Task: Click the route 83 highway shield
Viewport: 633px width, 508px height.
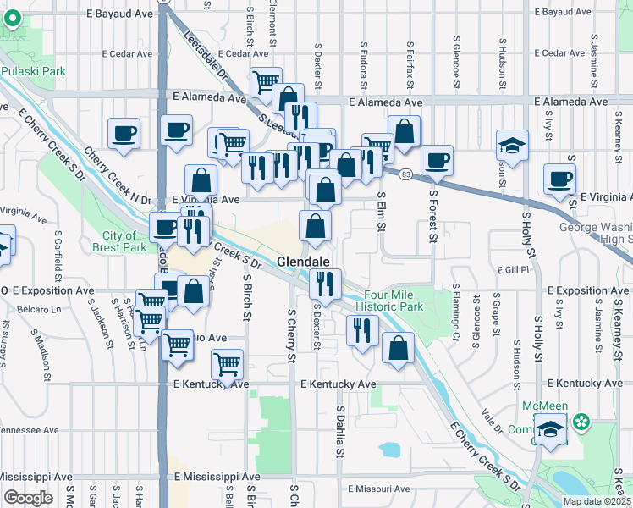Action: [407, 174]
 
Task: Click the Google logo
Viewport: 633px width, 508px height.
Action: [28, 498]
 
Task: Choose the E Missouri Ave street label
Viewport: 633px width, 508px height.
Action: [380, 489]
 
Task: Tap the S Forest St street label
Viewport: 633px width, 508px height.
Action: [432, 215]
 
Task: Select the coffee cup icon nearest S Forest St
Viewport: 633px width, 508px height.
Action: [437, 160]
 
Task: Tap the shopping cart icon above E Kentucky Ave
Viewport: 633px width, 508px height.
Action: [227, 365]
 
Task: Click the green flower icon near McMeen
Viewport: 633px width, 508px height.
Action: [581, 421]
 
